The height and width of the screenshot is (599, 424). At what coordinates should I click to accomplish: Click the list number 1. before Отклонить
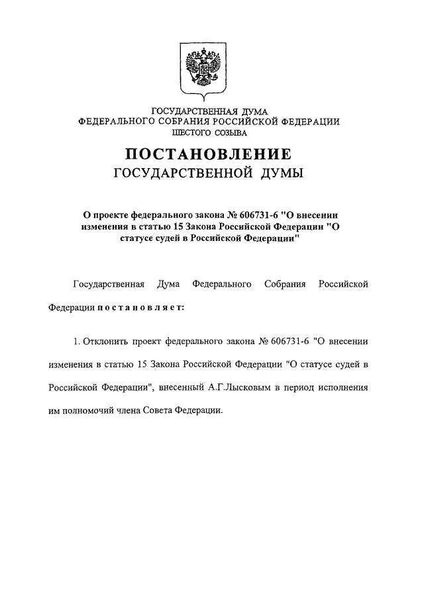click(77, 342)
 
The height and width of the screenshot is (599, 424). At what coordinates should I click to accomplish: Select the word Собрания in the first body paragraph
click(284, 285)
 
